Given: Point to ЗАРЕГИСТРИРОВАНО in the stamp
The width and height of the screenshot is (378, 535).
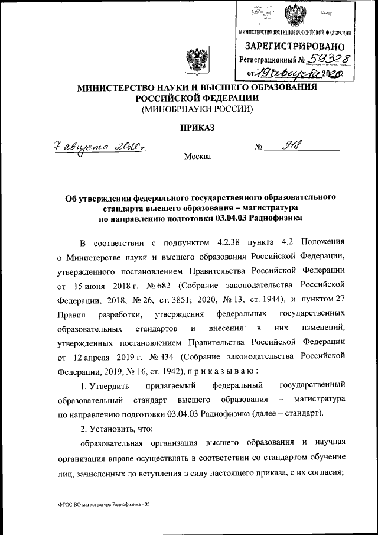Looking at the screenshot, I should pos(295,46).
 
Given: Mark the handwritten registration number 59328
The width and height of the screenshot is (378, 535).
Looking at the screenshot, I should pos(323,59).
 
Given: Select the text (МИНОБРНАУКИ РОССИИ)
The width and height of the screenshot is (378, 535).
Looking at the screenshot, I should pos(197,109).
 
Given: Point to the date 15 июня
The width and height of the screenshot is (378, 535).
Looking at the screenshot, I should pos(89,286).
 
